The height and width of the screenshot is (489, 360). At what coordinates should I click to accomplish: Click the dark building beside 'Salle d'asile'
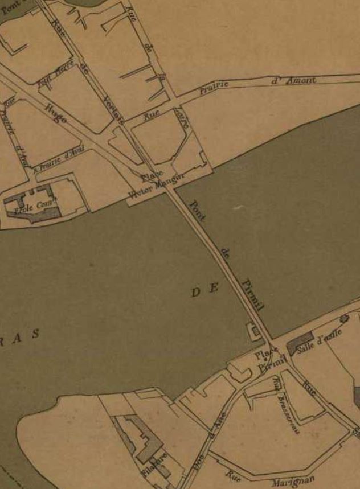coord(298,345)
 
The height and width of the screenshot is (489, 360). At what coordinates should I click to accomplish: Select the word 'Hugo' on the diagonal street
coord(55,114)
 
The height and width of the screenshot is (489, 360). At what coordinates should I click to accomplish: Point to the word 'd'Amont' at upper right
coord(294,80)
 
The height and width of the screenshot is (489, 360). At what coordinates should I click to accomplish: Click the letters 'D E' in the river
coord(205,291)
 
